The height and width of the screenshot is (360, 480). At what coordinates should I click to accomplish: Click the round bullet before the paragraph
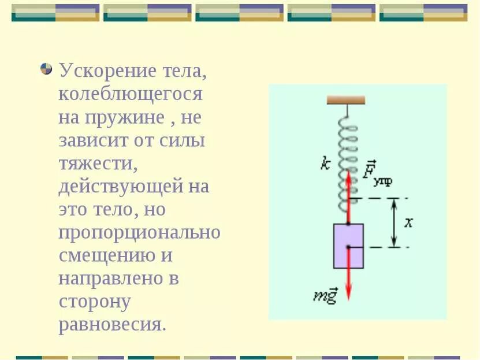pos(46,69)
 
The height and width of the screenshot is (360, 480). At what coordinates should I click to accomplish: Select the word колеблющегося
pos(130,95)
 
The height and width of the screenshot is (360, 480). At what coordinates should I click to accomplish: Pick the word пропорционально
pos(139,233)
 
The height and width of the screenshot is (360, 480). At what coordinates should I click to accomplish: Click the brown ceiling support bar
pos(346,100)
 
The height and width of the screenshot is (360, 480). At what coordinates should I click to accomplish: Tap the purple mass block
pos(348,246)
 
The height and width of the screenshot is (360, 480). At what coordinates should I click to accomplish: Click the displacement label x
pos(408,222)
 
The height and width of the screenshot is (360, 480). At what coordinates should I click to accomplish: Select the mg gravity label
pos(325,297)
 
